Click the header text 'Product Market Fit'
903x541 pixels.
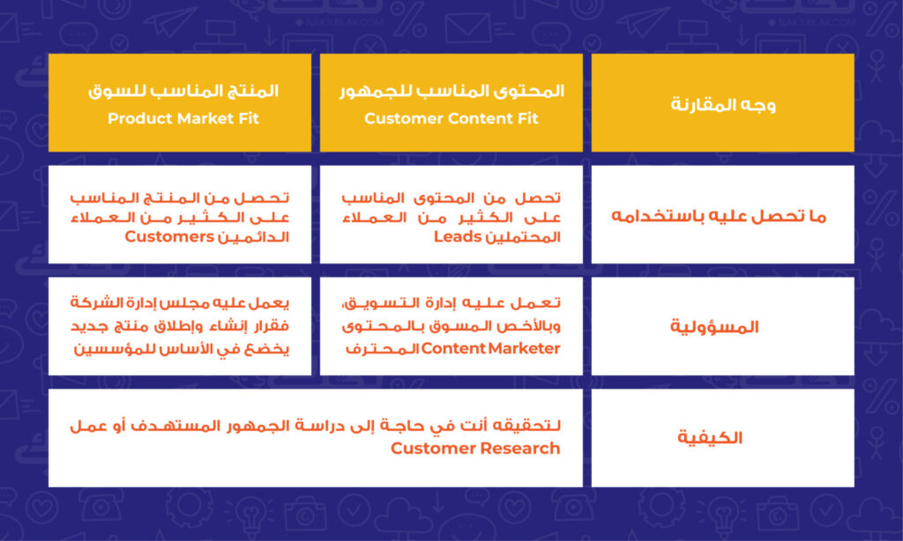(183, 119)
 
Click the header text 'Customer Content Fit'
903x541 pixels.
(451, 119)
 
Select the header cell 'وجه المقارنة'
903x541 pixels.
(723, 104)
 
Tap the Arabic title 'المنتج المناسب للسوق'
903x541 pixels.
(183, 91)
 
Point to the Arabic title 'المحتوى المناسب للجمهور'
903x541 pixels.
(451, 91)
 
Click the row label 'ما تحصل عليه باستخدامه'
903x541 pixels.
(719, 216)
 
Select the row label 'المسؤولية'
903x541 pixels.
(714, 327)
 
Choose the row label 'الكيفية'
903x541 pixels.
(710, 437)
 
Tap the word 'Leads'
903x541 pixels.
(458, 236)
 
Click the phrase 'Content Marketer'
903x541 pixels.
(490, 348)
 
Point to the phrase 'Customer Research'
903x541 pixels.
(475, 448)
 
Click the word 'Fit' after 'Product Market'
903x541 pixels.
(247, 119)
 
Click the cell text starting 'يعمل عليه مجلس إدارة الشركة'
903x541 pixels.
(180, 326)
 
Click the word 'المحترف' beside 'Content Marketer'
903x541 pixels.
(382, 349)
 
